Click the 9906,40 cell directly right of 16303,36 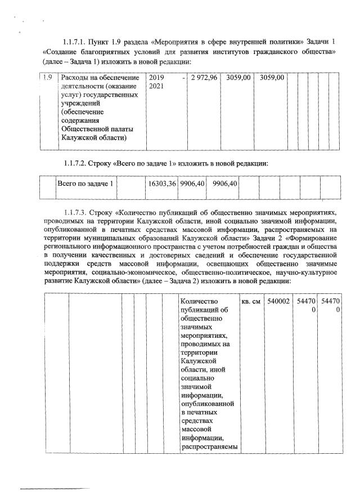tap(192, 184)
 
